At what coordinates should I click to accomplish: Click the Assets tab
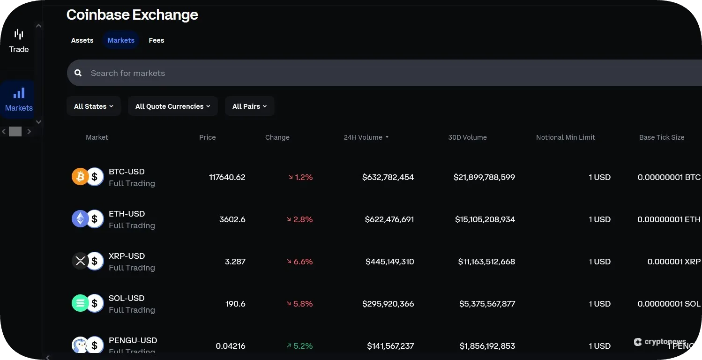pos(82,40)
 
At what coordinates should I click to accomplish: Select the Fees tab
pos(156,40)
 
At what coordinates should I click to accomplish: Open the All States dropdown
pos(94,106)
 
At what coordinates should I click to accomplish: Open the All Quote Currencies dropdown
pos(172,106)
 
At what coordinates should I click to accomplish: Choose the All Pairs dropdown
pos(249,106)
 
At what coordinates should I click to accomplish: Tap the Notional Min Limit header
pos(565,137)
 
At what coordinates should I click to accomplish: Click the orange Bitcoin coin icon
pos(80,177)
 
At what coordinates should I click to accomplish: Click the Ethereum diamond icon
pos(80,219)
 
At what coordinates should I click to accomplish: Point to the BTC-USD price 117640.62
pos(227,177)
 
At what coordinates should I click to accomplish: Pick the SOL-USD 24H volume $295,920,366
pos(388,304)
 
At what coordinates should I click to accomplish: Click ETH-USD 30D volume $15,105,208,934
pos(485,219)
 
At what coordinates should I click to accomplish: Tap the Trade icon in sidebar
pos(19,35)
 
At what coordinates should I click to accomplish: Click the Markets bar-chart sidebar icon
pos(19,93)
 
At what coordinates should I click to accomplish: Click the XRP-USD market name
pos(127,256)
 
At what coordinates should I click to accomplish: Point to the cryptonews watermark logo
pos(661,342)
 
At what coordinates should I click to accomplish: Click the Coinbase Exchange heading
pos(132,15)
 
